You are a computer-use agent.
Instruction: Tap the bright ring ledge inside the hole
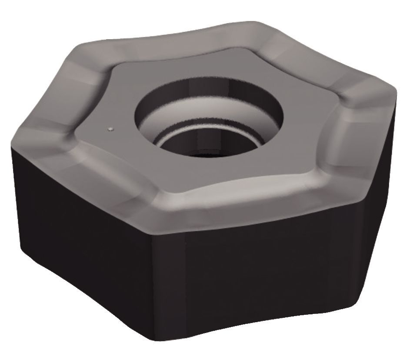coord(174,138)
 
